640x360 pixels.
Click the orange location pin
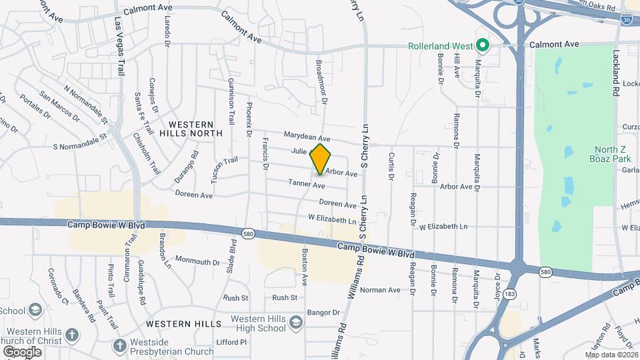pos(321,159)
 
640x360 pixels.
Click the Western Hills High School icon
pos(294,323)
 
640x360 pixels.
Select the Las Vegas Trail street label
pos(121,47)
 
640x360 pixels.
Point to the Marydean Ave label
pos(307,135)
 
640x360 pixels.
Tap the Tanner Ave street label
pos(306,183)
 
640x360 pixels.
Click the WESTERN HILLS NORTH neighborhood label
pos(191,129)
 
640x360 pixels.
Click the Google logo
pos(22,352)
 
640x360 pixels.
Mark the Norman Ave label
pos(380,290)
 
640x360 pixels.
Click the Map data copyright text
pos(611,354)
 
